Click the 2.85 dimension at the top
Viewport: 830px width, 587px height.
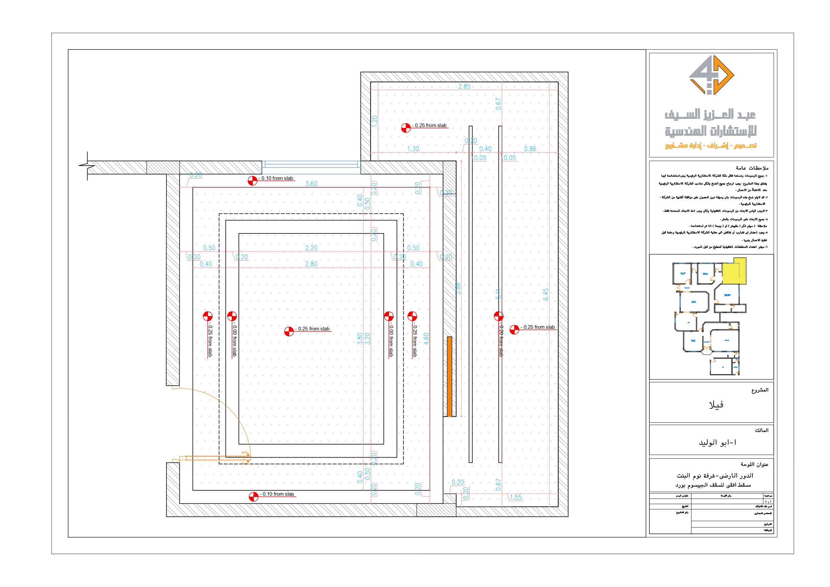(464, 86)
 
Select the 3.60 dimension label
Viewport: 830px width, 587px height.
(311, 184)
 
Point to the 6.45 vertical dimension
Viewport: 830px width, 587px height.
(545, 294)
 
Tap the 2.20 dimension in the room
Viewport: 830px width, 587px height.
(311, 248)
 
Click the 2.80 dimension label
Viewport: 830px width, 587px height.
(311, 264)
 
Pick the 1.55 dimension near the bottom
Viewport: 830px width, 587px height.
(516, 497)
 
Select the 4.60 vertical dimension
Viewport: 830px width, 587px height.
(426, 338)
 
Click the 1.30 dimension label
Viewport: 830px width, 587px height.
(413, 149)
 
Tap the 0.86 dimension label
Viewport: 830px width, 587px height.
(530, 149)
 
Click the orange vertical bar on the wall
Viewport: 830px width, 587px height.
(449, 377)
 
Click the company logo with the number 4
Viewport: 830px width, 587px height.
(711, 75)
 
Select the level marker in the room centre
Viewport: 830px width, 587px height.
(289, 331)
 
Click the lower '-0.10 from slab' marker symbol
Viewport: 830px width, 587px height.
(253, 497)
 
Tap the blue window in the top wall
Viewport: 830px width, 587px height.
(311, 165)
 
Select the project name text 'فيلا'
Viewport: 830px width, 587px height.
(716, 405)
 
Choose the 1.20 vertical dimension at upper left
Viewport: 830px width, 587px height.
(375, 121)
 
